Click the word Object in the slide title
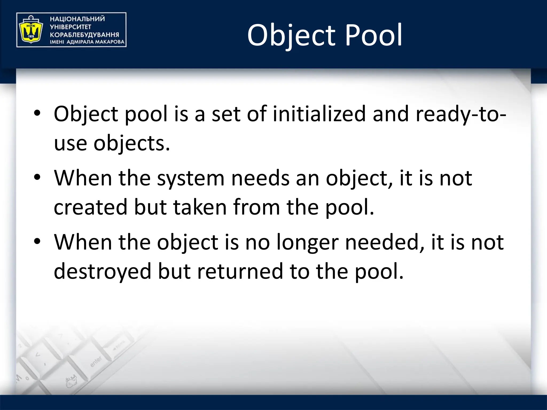291,35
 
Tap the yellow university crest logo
30,29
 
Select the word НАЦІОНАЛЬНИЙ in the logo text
77,19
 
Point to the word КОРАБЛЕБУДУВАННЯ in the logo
84,35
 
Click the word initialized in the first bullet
319,114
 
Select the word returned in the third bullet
240,271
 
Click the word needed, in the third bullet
384,242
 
